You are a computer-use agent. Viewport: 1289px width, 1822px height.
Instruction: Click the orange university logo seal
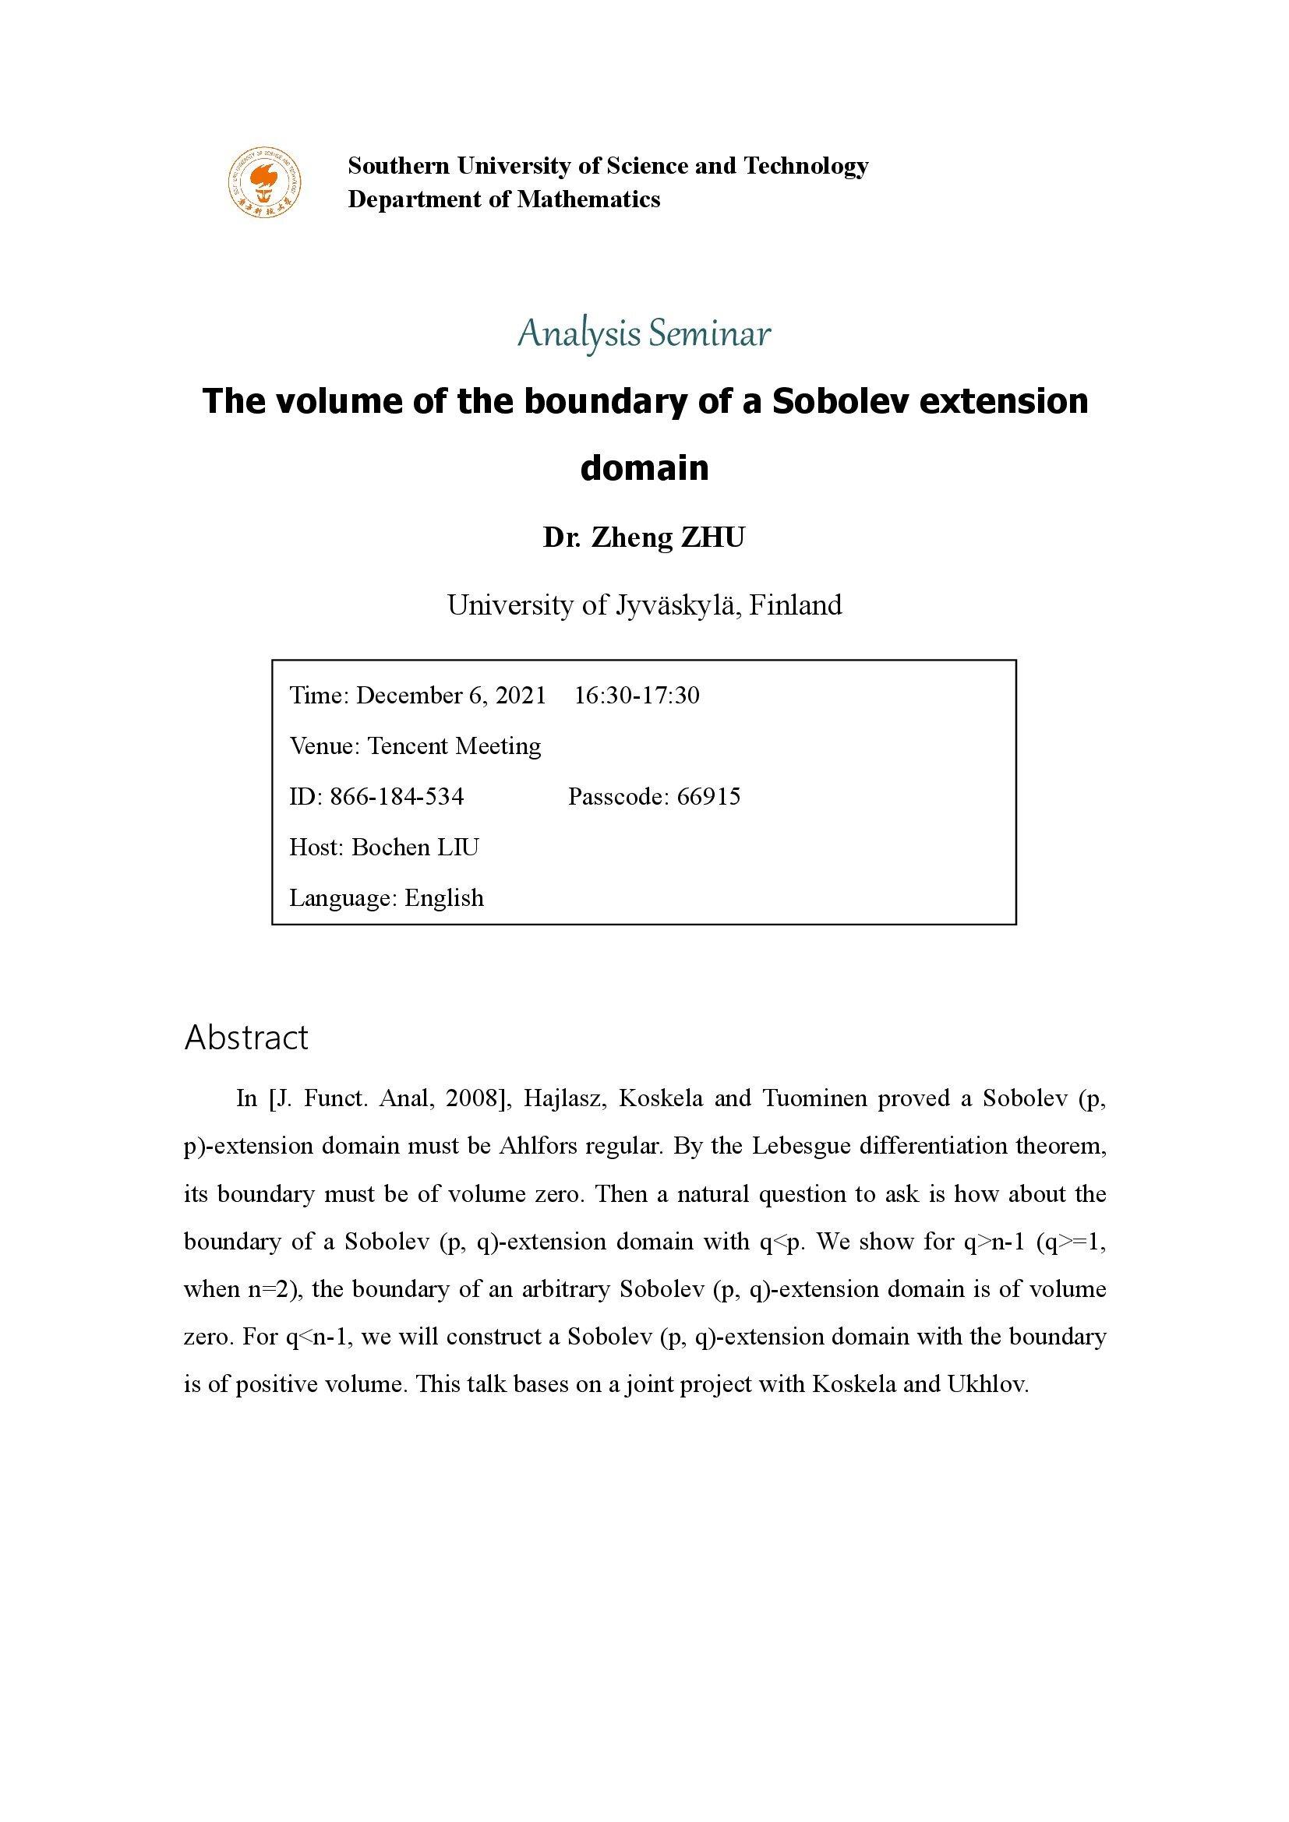[x=265, y=182]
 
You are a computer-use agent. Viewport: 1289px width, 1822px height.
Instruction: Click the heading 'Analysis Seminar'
[x=644, y=334]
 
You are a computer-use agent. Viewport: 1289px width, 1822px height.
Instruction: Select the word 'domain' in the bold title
[x=644, y=467]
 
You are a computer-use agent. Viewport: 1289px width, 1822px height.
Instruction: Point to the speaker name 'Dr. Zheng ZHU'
[x=644, y=538]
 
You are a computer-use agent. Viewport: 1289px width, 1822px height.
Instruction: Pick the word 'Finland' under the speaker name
[x=796, y=605]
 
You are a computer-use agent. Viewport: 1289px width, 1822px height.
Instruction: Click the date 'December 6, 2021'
[x=450, y=695]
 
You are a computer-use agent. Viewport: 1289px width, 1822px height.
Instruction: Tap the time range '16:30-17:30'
[x=637, y=695]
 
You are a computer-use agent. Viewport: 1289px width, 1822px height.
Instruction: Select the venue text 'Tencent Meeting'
[x=454, y=746]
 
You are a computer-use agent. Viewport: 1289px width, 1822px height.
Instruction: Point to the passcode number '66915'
[x=708, y=796]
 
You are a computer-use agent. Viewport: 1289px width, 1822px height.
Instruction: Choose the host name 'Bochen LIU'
[x=415, y=847]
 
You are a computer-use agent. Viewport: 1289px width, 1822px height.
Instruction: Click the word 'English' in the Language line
[x=443, y=897]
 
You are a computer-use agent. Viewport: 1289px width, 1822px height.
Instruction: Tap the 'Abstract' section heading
[x=246, y=1037]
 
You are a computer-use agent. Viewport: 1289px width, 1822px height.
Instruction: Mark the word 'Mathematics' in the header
[x=588, y=199]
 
